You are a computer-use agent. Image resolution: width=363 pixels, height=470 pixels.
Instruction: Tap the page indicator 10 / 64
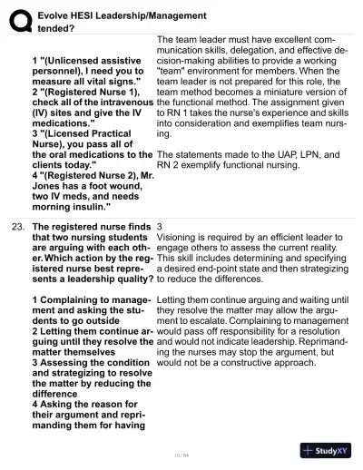pyautogui.click(x=181, y=454)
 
